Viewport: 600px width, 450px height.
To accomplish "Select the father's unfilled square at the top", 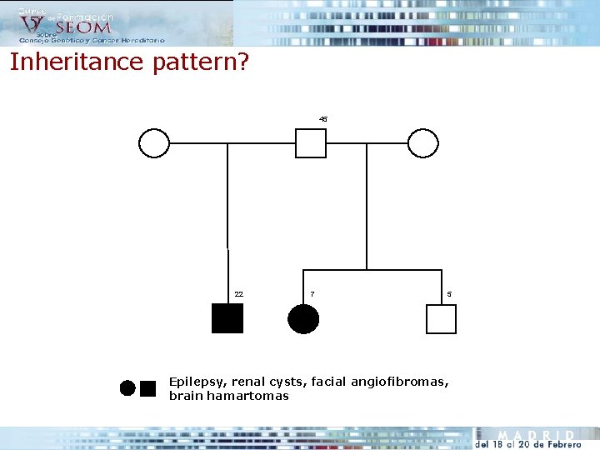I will tap(311, 143).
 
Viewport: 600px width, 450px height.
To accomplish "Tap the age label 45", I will tap(323, 119).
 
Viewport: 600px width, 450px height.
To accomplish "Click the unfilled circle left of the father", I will tap(154, 143).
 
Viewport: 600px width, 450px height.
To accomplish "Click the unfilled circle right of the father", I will tap(423, 143).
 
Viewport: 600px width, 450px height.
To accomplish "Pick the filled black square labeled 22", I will tap(227, 318).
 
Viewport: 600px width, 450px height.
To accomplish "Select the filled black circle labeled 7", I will tap(303, 318).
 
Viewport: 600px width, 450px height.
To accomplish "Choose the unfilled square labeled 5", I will tap(442, 318).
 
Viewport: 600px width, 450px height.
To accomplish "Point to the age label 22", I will tap(239, 294).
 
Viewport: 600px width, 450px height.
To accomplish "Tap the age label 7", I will tap(312, 294).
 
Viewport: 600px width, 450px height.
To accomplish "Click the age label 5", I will tap(449, 294).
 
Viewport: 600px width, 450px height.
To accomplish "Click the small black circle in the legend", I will tap(127, 387).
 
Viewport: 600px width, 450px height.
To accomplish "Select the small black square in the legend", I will tap(148, 387).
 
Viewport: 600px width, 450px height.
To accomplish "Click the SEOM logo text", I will tap(82, 27).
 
